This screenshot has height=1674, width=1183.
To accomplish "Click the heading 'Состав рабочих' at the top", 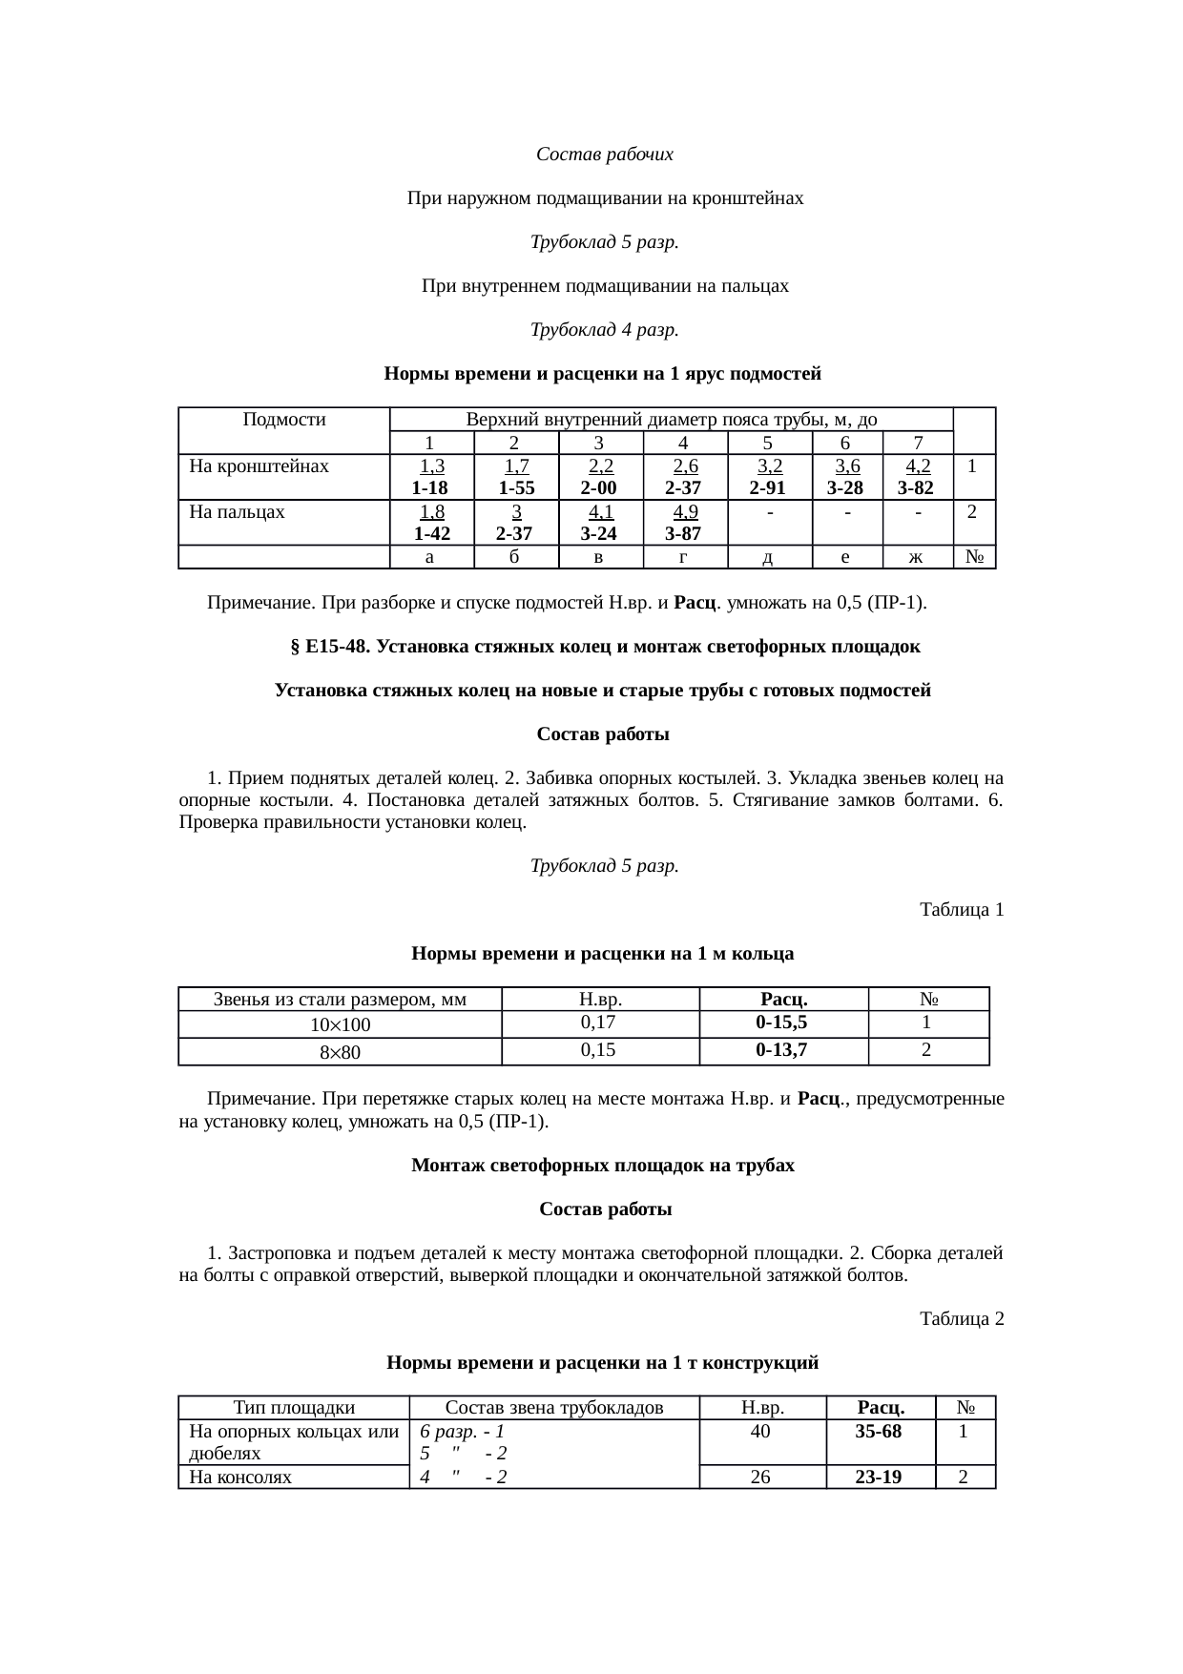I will tap(604, 155).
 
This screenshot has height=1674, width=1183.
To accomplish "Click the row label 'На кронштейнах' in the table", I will tap(259, 466).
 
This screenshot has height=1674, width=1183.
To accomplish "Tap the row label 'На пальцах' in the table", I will tap(237, 512).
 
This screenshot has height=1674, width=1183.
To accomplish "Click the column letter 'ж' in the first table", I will tap(917, 558).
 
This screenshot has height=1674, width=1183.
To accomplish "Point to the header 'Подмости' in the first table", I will tap(284, 420).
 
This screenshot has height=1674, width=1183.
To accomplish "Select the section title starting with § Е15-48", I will tap(604, 647).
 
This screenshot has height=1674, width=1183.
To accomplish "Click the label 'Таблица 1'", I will tap(961, 910).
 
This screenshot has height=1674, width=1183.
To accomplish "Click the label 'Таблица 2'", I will tap(961, 1319).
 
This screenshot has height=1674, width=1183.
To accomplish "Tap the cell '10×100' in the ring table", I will tap(340, 1025).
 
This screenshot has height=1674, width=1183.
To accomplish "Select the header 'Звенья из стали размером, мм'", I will tap(340, 1000).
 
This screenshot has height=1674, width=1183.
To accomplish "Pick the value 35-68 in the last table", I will tap(879, 1432).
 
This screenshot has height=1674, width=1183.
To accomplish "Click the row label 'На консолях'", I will tap(240, 1478).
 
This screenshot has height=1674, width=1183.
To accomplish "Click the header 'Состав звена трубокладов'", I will tap(554, 1408).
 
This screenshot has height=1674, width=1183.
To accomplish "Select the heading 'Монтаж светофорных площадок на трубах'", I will tap(602, 1166).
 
